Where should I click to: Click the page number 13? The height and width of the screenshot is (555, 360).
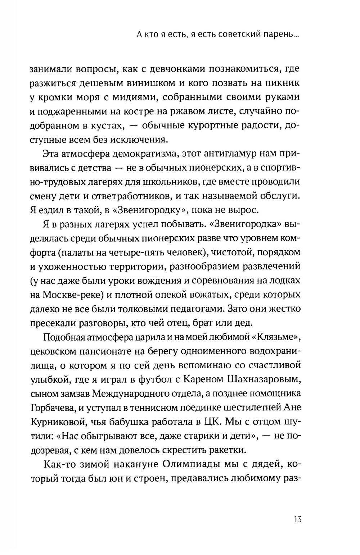pyautogui.click(x=297, y=519)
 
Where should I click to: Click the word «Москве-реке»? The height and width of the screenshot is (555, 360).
pyautogui.click(x=73, y=295)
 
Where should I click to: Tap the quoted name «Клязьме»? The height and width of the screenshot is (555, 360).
pyautogui.click(x=278, y=337)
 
